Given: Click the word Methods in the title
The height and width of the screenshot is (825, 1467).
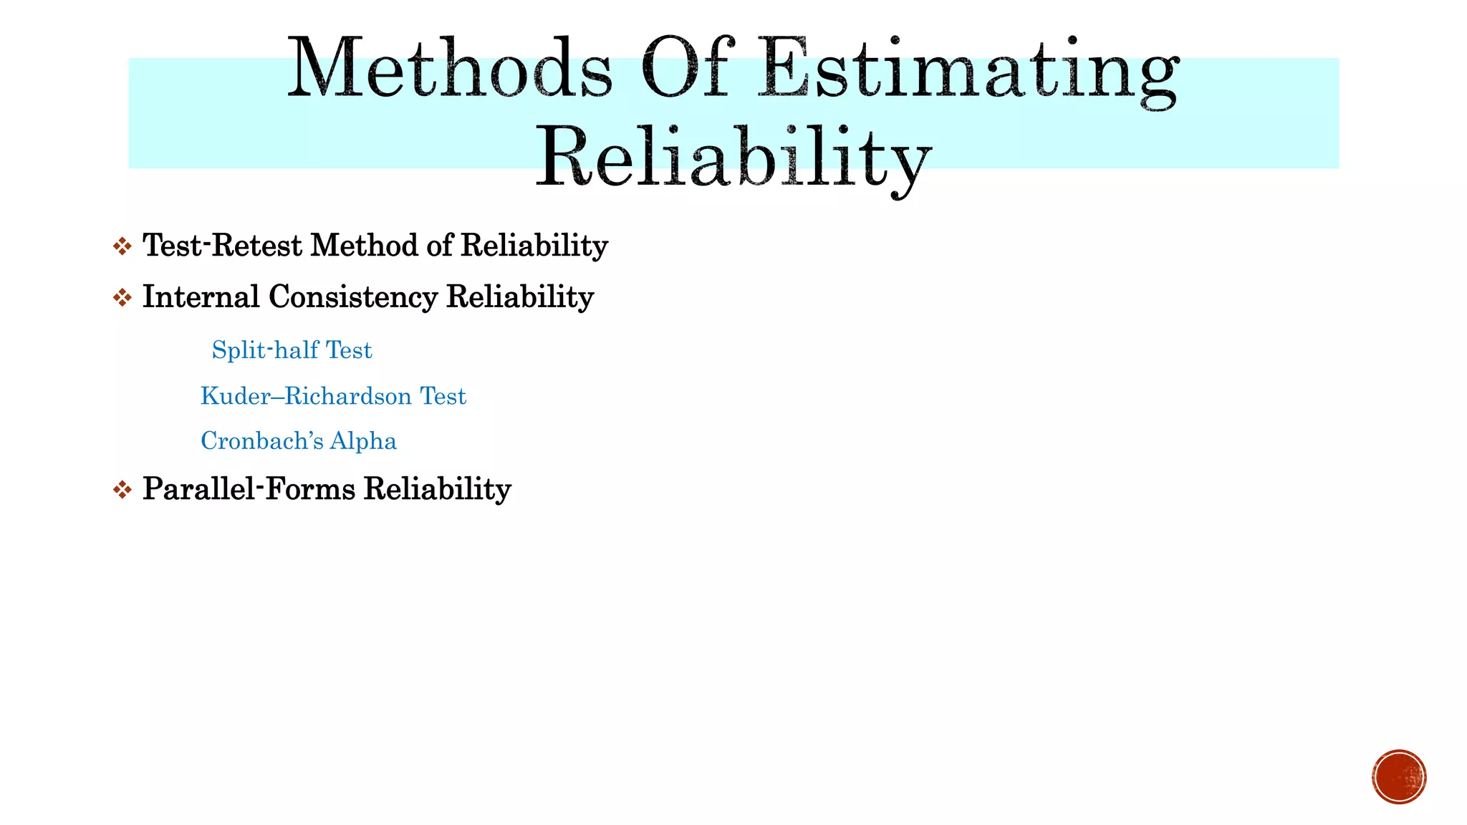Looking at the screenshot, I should coord(450,69).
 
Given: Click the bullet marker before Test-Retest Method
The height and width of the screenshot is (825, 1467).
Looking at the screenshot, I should coord(122,247).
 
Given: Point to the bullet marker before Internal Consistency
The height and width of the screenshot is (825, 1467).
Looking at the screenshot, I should coord(122,298).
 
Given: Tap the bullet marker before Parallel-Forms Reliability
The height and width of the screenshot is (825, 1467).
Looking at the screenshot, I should coord(122,491).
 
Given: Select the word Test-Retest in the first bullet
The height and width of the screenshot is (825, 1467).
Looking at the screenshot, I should coord(223,246).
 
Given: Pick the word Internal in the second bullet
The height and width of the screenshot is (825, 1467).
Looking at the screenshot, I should coord(201,297).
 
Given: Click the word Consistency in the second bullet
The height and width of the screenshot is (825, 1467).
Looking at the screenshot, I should coord(352,297).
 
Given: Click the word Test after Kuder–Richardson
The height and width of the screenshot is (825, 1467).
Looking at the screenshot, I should coord(443,396).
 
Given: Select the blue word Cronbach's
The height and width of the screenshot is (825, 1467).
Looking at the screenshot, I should coord(261,441).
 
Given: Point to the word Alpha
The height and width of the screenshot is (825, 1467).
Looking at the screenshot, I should coord(363,441).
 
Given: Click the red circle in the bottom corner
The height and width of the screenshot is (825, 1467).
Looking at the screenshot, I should coord(1399,777).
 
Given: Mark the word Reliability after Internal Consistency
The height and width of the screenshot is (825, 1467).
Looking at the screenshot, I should coord(520,297).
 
